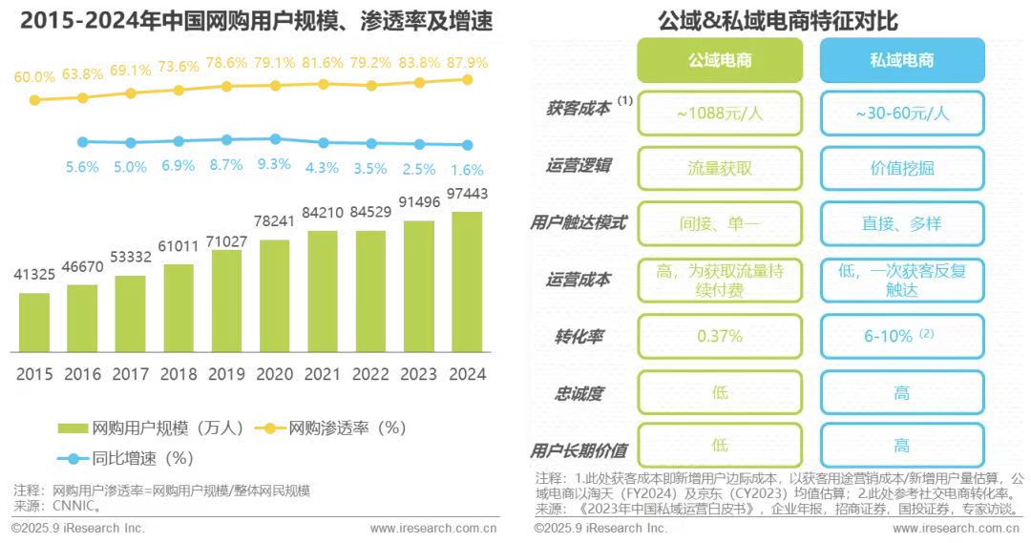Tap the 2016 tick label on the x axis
82,374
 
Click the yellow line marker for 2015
34,99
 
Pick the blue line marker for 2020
275,138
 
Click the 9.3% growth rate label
274,164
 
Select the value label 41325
34,275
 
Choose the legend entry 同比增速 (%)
129,457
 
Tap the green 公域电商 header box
721,60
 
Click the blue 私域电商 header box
901,60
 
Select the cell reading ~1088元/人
721,114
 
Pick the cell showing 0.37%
721,336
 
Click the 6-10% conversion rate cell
901,336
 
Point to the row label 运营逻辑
579,166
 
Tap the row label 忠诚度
579,392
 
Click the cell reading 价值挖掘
901,168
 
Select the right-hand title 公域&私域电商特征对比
778,19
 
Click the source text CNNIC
73,506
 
